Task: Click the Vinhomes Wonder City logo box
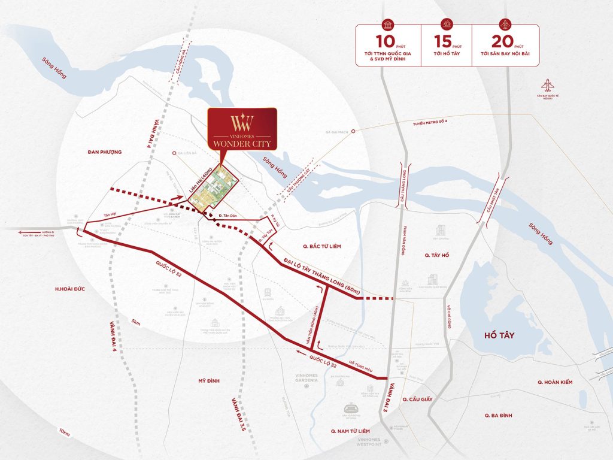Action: pyautogui.click(x=242, y=129)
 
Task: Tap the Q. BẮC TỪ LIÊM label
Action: pyautogui.click(x=323, y=245)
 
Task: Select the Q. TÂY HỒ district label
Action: pyautogui.click(x=436, y=255)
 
